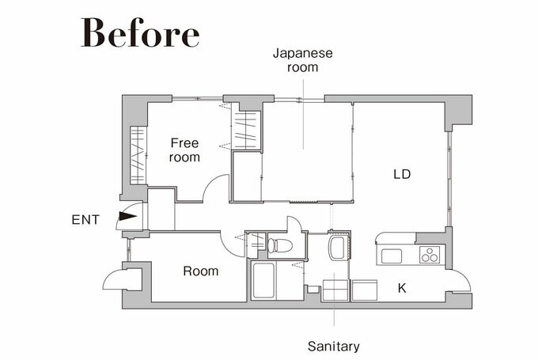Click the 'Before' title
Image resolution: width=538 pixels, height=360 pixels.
pos(140,32)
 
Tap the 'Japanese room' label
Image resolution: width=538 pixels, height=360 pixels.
pos(302,60)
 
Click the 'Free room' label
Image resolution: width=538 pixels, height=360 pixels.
pos(184,150)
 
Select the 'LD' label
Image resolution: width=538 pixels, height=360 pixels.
pos(402,174)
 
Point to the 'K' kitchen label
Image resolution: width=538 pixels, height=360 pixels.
pos(402,288)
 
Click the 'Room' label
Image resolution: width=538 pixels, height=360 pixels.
pos(201,271)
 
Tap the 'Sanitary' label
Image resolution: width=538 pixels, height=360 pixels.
pos(334,347)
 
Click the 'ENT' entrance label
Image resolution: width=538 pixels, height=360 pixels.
pos(85,220)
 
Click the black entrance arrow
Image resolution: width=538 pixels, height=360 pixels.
pos(127,216)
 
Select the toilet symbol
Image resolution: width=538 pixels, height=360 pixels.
pos(279,245)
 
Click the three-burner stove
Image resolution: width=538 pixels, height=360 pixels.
pos(430,255)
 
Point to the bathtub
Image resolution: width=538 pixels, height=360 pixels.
pos(263,281)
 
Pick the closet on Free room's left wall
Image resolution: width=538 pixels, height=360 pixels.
pos(138,155)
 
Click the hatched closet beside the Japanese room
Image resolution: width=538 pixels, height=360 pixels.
pos(245,130)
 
